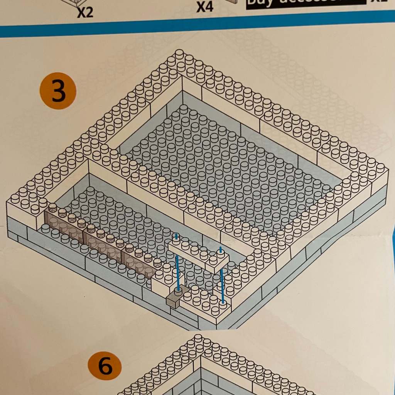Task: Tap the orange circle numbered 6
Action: point(105,366)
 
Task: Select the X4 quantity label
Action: point(205,7)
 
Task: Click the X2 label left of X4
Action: point(85,13)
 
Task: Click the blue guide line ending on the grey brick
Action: point(178,270)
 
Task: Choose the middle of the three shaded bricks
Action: point(102,243)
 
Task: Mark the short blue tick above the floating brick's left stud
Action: point(176,236)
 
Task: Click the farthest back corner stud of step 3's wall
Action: point(179,54)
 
